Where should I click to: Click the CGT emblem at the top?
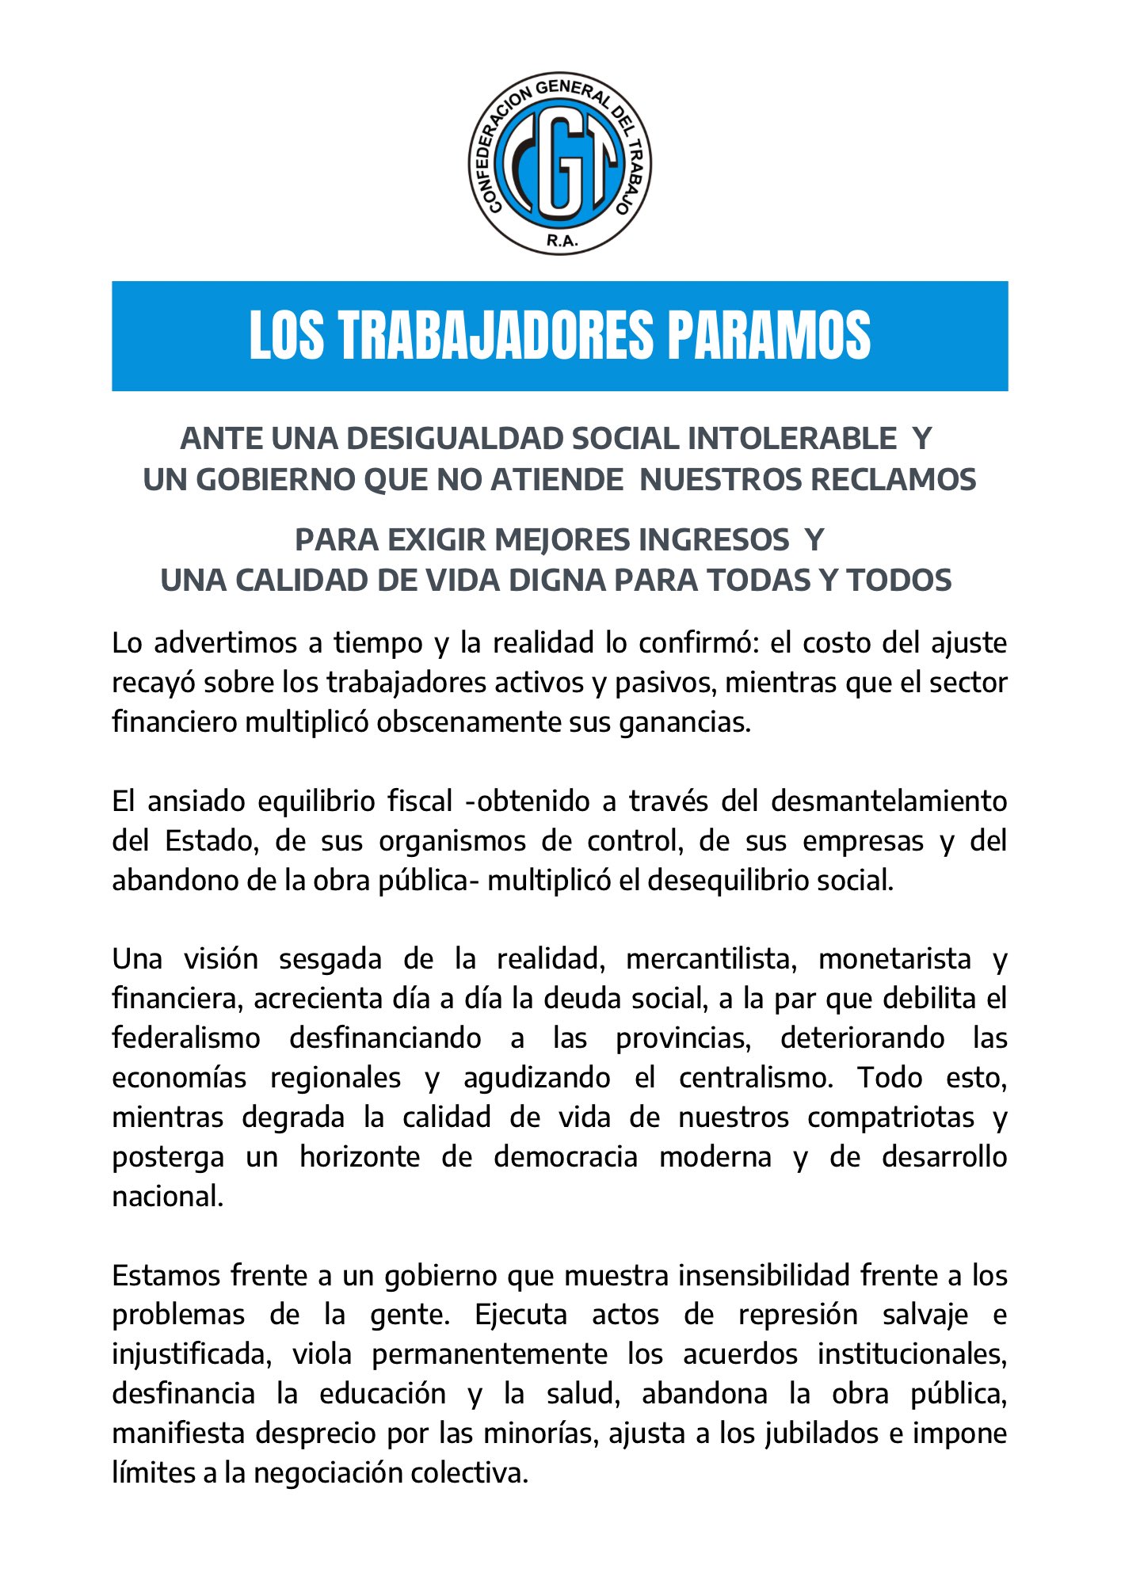pyautogui.click(x=559, y=164)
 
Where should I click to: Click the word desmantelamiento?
pyautogui.click(x=888, y=801)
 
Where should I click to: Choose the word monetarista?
pyautogui.click(x=894, y=959)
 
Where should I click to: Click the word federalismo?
pyautogui.click(x=186, y=1038)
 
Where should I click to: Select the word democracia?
pyautogui.click(x=566, y=1156)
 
